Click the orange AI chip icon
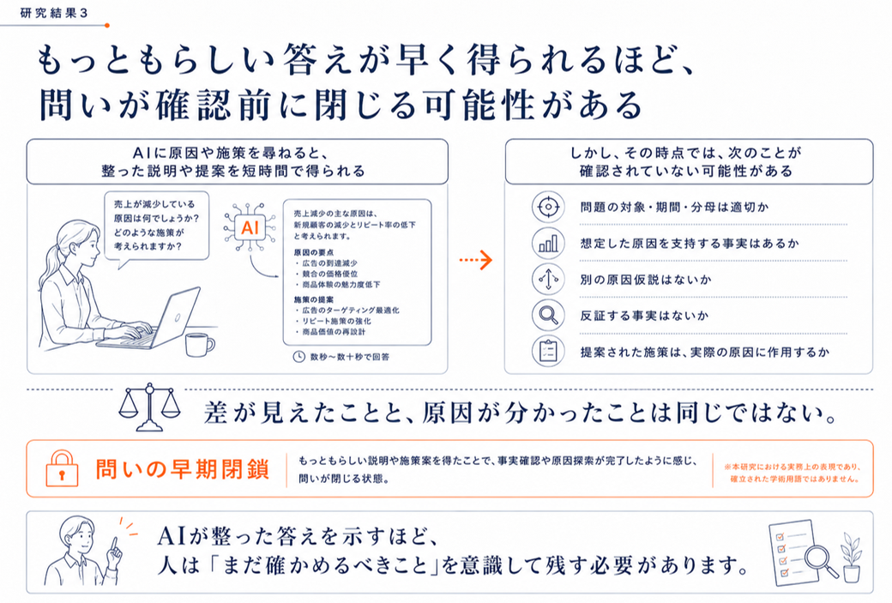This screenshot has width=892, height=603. click(x=250, y=228)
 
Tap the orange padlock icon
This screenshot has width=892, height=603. click(x=62, y=468)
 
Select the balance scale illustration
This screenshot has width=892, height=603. click(x=149, y=407)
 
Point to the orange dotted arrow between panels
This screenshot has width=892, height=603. click(x=475, y=260)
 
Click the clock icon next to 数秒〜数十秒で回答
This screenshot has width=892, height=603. click(x=298, y=357)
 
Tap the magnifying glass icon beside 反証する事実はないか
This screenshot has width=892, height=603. click(x=548, y=315)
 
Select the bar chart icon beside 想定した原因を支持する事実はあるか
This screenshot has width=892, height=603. click(x=548, y=243)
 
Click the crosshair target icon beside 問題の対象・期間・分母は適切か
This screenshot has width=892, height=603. click(x=548, y=207)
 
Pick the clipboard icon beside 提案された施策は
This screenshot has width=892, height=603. click(x=548, y=351)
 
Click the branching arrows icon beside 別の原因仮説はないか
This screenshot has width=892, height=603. click(x=548, y=280)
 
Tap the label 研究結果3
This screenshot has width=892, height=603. click(x=54, y=13)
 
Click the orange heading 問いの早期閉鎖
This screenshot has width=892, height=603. click(x=182, y=469)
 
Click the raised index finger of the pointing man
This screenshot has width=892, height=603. click(x=116, y=545)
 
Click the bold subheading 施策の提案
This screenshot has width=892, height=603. click(x=313, y=300)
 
